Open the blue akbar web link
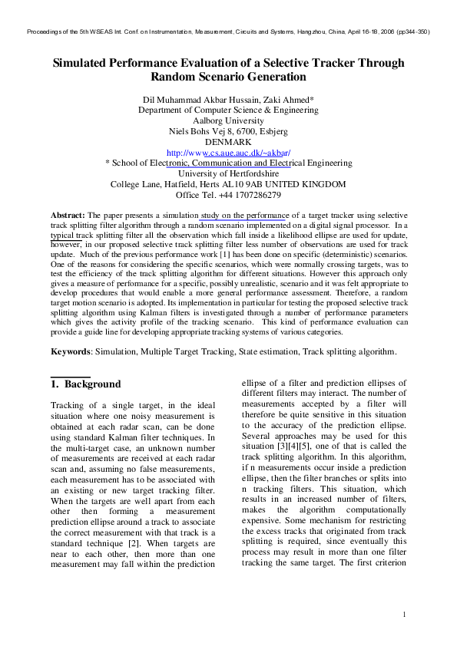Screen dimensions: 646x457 click(x=228, y=153)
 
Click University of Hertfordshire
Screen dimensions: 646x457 click(x=228, y=173)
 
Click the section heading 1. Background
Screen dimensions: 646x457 click(x=85, y=384)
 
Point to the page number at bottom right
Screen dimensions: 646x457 click(x=404, y=615)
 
